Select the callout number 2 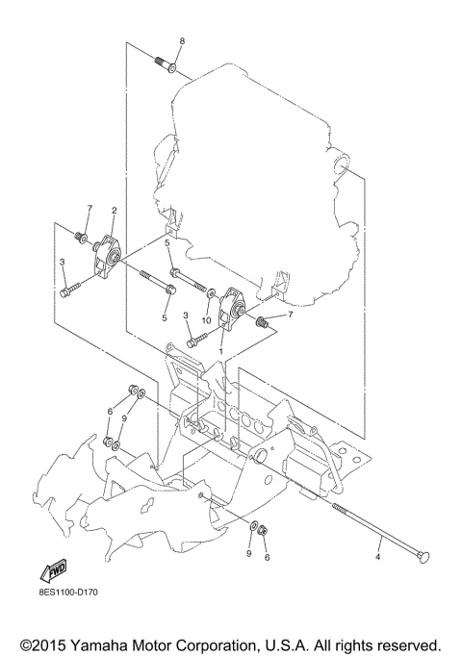point(114,210)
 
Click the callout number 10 point(206,320)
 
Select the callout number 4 point(377,556)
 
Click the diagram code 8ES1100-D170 point(68,604)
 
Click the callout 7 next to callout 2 point(89,209)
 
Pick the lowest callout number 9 point(248,555)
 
